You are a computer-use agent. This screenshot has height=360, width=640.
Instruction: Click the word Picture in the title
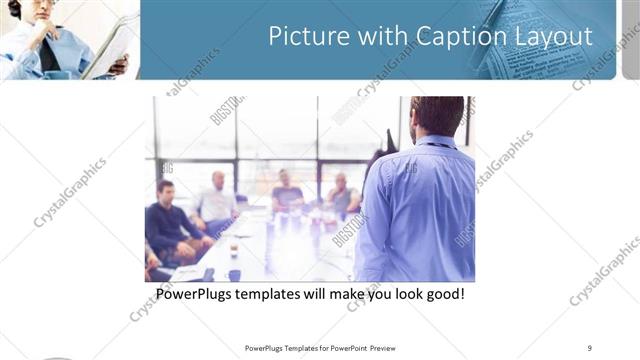pos(304,37)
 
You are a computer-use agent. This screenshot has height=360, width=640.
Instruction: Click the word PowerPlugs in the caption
pos(199,295)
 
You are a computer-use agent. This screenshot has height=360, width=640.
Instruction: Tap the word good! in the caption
pos(441,295)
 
